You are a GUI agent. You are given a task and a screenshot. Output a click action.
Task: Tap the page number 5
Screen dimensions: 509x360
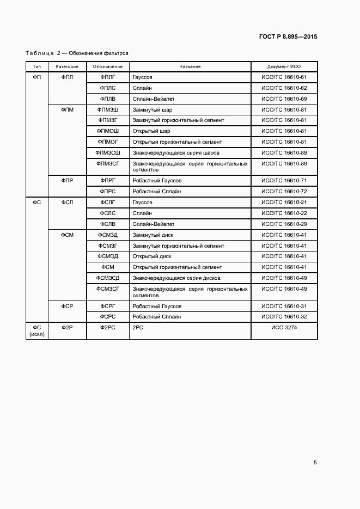coord(315,463)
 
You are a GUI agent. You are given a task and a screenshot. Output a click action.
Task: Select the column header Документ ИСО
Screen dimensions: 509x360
coord(284,66)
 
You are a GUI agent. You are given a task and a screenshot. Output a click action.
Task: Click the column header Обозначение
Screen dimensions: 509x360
coord(107,66)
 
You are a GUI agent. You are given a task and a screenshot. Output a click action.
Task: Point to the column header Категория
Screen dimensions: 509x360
coord(67,66)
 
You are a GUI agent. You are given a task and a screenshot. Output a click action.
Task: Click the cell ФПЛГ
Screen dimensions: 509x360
coord(107,77)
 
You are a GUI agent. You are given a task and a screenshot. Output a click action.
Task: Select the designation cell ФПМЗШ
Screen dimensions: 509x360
coord(107,109)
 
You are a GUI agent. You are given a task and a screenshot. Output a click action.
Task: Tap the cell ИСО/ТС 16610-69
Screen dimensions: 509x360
coord(284,99)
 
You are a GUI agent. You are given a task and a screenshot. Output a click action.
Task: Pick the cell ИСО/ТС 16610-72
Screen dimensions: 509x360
coord(284,192)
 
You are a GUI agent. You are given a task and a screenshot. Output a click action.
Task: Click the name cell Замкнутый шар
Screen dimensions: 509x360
coord(152,109)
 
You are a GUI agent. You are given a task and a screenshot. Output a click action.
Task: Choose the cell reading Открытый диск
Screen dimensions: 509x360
coord(151,256)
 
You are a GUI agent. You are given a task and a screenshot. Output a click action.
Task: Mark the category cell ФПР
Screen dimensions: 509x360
coord(67,181)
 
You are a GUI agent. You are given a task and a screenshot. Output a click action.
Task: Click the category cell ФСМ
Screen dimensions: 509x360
coord(67,235)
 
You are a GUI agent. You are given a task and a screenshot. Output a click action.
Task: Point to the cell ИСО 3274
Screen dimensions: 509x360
coord(284,328)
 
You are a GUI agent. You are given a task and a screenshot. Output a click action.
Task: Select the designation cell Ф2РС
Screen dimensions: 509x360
coord(107,328)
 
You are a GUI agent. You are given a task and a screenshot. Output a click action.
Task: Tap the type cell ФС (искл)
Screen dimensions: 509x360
coord(37,331)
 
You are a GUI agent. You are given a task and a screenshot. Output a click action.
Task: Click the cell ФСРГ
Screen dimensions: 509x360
coord(107,306)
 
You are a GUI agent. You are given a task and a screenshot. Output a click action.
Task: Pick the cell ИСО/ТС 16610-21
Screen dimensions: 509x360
coord(284,203)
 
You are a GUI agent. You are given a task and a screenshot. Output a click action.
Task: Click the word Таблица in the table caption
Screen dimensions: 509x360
coord(39,53)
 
